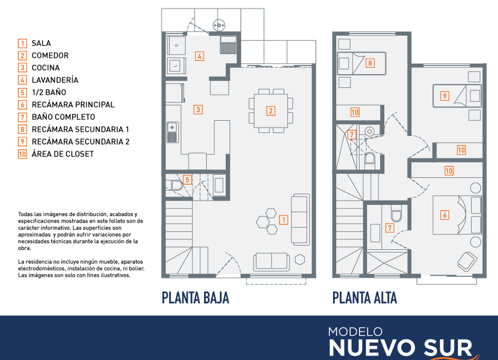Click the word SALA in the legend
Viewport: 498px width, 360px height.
click(41, 43)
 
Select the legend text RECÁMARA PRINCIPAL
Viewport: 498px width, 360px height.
click(73, 105)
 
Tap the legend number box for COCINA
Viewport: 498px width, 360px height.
click(22, 68)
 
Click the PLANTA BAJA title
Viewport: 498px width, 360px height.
click(195, 298)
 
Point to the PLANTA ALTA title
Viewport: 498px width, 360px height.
click(365, 298)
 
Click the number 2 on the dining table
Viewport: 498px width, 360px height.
click(271, 111)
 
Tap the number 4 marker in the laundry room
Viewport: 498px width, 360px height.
click(199, 56)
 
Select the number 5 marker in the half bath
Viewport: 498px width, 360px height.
click(188, 179)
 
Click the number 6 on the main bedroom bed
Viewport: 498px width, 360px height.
click(445, 215)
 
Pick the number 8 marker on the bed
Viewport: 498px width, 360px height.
click(370, 63)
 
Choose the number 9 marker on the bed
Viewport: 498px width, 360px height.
click(445, 96)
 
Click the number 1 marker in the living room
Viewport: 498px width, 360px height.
click(284, 220)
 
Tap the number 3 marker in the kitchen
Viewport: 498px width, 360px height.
click(198, 110)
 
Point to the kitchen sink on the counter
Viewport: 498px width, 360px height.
click(172, 132)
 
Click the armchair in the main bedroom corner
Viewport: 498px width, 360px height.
click(467, 261)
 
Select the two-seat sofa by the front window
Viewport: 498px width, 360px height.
click(272, 262)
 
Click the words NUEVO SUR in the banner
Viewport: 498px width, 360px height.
click(401, 348)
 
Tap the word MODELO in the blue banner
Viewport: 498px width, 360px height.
click(355, 332)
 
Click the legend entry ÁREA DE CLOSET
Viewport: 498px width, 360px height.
click(63, 154)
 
